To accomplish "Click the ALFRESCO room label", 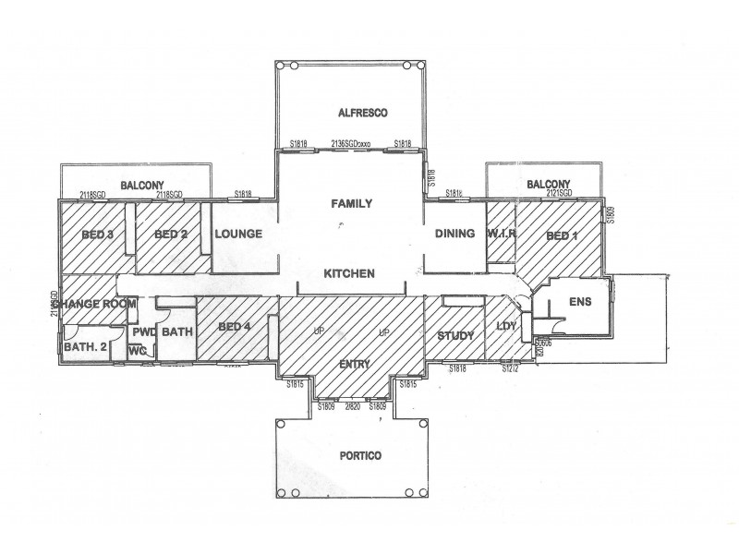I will pyautogui.click(x=350, y=113).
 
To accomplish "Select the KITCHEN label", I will pyautogui.click(x=348, y=274).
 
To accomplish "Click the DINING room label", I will pyautogui.click(x=454, y=235).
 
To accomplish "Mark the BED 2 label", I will pyautogui.click(x=171, y=235).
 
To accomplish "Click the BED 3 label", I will pyautogui.click(x=97, y=235).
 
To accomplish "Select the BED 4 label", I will pyautogui.click(x=235, y=327).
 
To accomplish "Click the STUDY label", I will pyautogui.click(x=454, y=335).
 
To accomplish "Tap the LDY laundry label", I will pyautogui.click(x=506, y=327).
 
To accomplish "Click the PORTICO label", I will pyautogui.click(x=351, y=456).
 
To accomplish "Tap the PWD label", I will pyautogui.click(x=142, y=331).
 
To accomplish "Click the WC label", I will pyautogui.click(x=138, y=351).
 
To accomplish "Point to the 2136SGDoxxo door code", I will pyautogui.click(x=350, y=145).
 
